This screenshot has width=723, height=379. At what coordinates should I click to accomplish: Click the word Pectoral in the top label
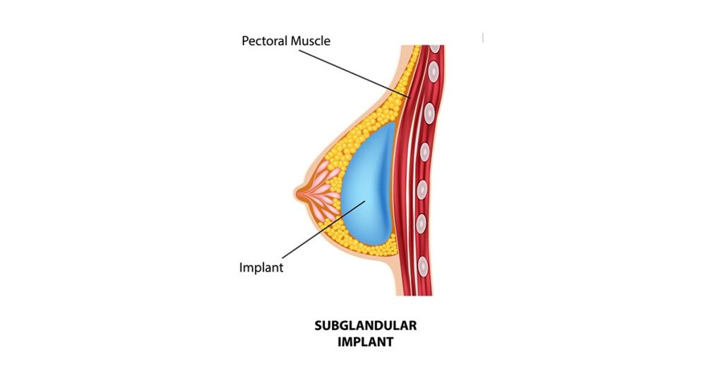(x=264, y=40)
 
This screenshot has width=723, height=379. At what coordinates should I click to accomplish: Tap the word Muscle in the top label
(x=311, y=40)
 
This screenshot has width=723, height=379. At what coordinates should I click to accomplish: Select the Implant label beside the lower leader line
(x=261, y=268)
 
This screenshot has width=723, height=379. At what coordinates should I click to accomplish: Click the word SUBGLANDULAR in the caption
(x=365, y=325)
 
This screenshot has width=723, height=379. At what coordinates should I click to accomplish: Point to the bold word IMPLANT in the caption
(x=366, y=342)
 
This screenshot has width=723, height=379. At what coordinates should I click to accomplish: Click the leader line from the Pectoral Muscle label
(x=354, y=74)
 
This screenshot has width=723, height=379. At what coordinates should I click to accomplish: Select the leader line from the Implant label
(x=323, y=229)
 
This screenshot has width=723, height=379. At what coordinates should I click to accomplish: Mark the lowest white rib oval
(x=422, y=265)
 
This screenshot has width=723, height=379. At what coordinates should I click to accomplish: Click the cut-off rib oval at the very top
(x=434, y=47)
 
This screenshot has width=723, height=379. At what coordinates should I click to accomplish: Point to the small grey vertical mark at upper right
(x=483, y=38)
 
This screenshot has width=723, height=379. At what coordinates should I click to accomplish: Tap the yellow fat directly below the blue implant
(x=371, y=252)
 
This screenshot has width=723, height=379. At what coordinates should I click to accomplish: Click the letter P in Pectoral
(x=245, y=40)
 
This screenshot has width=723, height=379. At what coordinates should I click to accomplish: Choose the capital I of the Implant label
(x=241, y=267)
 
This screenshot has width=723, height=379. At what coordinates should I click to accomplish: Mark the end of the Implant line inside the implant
(x=366, y=200)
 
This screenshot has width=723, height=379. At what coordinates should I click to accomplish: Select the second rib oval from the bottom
(x=421, y=224)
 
